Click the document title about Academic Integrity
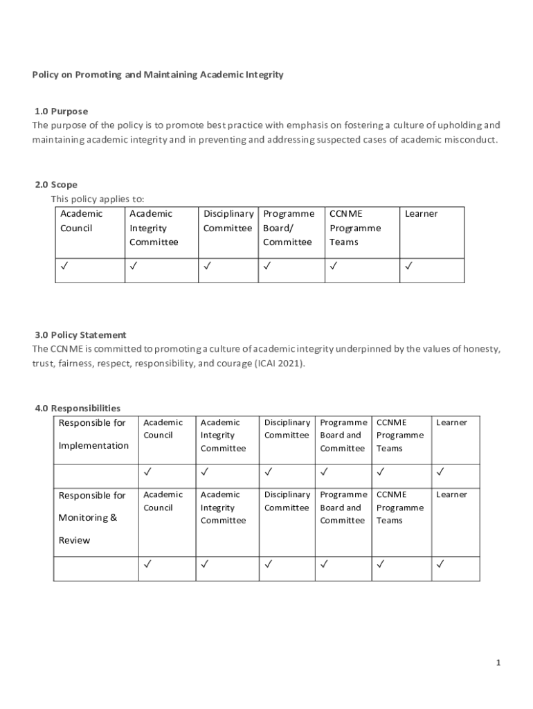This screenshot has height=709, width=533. coord(158,75)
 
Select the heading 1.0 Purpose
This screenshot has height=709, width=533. coord(62,111)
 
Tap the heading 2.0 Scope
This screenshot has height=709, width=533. coord(56,185)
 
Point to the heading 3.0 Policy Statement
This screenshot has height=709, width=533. coord(80,334)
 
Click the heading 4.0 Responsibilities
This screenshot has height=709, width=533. coord(78,408)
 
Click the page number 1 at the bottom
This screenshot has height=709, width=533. coord(498,663)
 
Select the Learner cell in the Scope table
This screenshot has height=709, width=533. coord(421,214)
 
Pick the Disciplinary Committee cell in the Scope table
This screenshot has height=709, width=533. coord(228,221)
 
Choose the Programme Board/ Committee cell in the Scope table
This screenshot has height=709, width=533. coord(288,228)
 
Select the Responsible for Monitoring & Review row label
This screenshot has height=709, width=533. coord(92,517)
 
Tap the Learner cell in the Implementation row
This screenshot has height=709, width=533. coord(451,422)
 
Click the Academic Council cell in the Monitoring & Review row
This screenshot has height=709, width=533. coord(163,501)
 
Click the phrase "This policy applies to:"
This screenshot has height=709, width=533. coord(98,199)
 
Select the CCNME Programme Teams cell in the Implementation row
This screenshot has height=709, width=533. coord(399,435)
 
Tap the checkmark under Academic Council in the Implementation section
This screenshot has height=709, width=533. coord(147,473)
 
